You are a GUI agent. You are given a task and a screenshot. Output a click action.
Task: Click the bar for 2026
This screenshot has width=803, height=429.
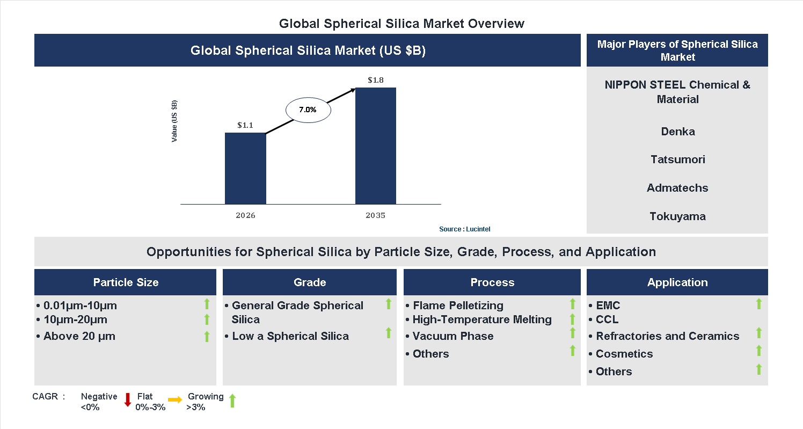[245, 168]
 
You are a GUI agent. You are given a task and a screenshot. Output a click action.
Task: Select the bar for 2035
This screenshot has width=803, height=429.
[376, 146]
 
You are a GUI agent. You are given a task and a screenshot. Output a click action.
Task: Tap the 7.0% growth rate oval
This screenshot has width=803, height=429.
[308, 110]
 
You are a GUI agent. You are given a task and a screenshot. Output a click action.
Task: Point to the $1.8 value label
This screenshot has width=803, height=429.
[376, 80]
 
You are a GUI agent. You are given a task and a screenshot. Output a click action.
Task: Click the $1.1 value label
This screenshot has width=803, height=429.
[245, 125]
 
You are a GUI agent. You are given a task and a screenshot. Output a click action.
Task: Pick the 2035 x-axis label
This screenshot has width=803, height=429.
[376, 215]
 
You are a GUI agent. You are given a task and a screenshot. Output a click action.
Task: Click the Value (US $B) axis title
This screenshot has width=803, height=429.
[174, 121]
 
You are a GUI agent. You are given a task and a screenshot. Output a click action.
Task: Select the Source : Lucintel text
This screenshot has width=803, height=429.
[464, 229]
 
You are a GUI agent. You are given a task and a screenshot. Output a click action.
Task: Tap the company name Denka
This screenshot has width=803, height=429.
[677, 132]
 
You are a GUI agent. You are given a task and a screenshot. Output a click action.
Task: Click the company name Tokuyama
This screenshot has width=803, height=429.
[677, 216]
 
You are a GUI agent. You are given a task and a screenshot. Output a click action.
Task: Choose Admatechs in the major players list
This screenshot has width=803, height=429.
[677, 188]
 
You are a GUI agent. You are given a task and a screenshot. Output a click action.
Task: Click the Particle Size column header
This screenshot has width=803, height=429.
[126, 282]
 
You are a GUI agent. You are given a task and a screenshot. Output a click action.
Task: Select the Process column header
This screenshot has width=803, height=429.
[492, 282]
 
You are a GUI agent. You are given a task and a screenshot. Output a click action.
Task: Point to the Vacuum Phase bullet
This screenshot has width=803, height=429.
[452, 336]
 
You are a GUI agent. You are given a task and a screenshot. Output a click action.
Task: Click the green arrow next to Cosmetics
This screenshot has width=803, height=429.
[758, 351]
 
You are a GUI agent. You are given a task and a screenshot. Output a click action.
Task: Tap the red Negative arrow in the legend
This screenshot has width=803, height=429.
[128, 400]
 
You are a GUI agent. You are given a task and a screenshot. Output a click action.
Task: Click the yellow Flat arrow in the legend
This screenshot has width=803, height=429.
[175, 400]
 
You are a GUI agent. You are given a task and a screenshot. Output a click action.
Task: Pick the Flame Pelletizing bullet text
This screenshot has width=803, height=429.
[457, 306]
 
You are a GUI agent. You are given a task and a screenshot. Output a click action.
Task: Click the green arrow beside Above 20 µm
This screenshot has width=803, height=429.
[207, 337]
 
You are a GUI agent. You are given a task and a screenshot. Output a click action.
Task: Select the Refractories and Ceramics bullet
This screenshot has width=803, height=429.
[667, 336]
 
